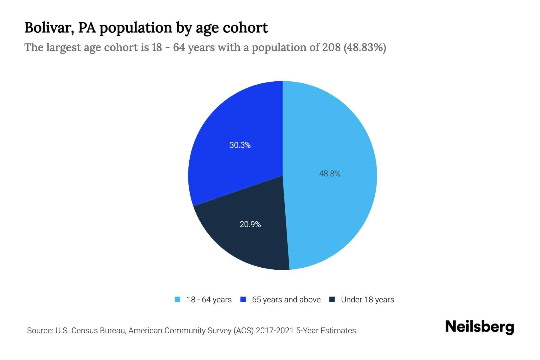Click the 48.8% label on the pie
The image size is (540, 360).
pyautogui.click(x=329, y=174)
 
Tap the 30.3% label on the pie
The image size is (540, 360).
pyautogui.click(x=240, y=145)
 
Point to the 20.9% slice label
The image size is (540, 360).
pyautogui.click(x=250, y=224)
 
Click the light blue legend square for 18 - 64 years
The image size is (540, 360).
pyautogui.click(x=178, y=299)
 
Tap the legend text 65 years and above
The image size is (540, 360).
pyautogui.click(x=286, y=300)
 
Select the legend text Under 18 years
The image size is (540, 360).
pyautogui.click(x=367, y=300)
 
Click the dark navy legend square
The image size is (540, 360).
pyautogui.click(x=332, y=299)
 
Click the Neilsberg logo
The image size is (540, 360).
pyautogui.click(x=479, y=327)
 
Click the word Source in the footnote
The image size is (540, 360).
pyautogui.click(x=39, y=331)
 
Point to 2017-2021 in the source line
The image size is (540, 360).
pyautogui.click(x=274, y=331)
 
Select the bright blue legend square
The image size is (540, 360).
pyautogui.click(x=243, y=299)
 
